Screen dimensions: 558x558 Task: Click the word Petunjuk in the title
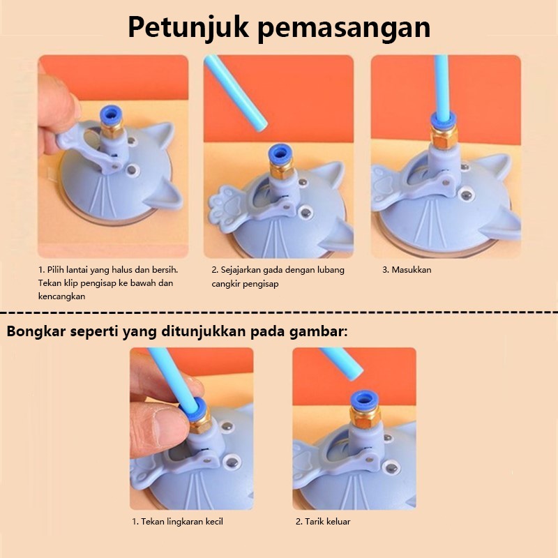pyautogui.click(x=188, y=29)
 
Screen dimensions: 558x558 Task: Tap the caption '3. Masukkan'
pyautogui.click(x=407, y=270)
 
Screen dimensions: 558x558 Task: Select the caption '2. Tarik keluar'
pyautogui.click(x=323, y=522)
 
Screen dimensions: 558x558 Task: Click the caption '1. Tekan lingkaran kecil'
pyautogui.click(x=178, y=522)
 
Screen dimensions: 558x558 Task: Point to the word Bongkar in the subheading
pyautogui.click(x=36, y=331)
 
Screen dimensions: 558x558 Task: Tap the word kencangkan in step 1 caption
pyautogui.click(x=61, y=296)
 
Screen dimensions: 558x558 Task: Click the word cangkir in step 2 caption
pyautogui.click(x=226, y=284)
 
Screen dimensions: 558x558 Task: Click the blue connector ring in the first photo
pyautogui.click(x=111, y=115)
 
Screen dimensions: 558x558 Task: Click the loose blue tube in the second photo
pyautogui.click(x=236, y=93)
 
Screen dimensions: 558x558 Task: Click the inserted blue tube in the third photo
pyautogui.click(x=442, y=88)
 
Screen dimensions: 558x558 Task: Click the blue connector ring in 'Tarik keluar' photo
pyautogui.click(x=363, y=400)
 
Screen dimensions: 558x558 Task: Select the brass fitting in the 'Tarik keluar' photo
pyautogui.click(x=365, y=417)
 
